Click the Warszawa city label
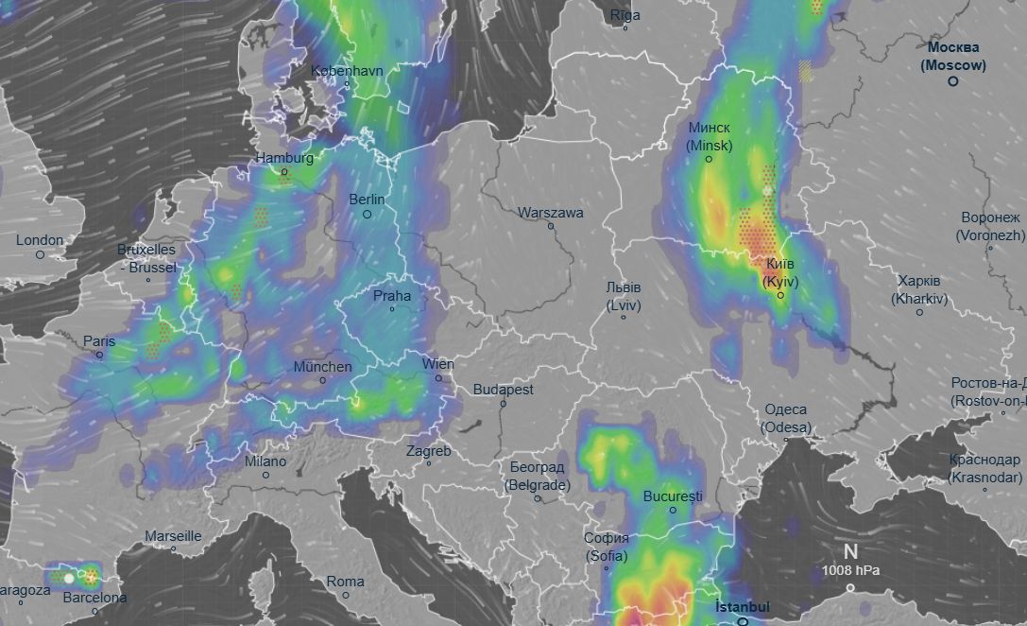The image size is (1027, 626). [x=550, y=213]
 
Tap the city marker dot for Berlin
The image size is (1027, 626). [x=368, y=215]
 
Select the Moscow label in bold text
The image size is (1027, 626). [x=953, y=57]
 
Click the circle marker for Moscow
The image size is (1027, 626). [x=953, y=81]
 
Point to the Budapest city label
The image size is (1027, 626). [x=504, y=390]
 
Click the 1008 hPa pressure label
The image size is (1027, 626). [x=850, y=570]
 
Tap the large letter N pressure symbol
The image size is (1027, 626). [x=850, y=552]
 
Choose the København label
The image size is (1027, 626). [x=347, y=71]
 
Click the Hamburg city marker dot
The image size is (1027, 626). [x=283, y=172]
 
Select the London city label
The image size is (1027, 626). [x=40, y=240]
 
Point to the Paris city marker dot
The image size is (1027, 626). [x=100, y=356]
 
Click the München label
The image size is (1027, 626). [x=322, y=367]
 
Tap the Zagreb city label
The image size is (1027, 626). [x=428, y=451]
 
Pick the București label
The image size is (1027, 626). [x=673, y=496]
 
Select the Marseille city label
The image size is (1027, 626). [x=173, y=536]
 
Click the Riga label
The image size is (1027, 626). [x=625, y=15]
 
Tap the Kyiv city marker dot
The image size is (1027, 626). [x=780, y=296]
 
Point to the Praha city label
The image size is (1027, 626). [x=392, y=296]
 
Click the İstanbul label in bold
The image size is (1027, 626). [x=743, y=607]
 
